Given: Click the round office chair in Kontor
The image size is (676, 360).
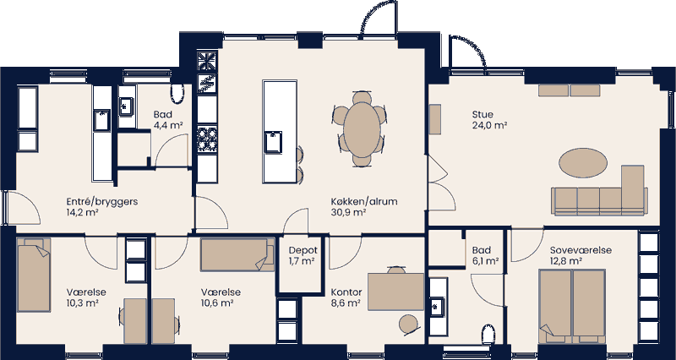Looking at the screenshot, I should click(x=409, y=323).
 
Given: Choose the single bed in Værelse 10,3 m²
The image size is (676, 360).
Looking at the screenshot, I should click(x=35, y=278).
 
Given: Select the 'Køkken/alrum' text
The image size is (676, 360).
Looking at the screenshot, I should click(x=364, y=202).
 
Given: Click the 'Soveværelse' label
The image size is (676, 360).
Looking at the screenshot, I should click(x=580, y=251).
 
